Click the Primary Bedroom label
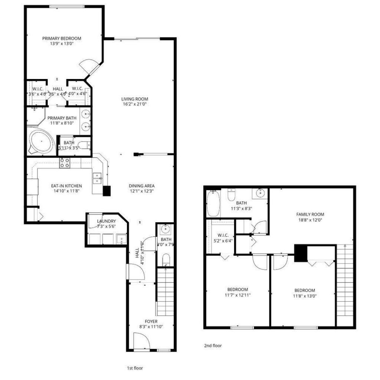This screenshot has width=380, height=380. coord(62,38)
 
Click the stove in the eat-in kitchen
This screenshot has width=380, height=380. coord(65,163)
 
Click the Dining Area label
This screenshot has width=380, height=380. coord(141,186)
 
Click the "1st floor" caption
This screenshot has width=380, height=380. coord(135,368)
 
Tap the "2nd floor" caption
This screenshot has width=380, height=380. coord(213,345)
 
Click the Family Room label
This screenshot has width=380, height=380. coord(310,214)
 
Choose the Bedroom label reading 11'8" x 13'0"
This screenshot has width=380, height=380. coord(305,290)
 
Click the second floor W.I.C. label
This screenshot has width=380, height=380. coord(220,235)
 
